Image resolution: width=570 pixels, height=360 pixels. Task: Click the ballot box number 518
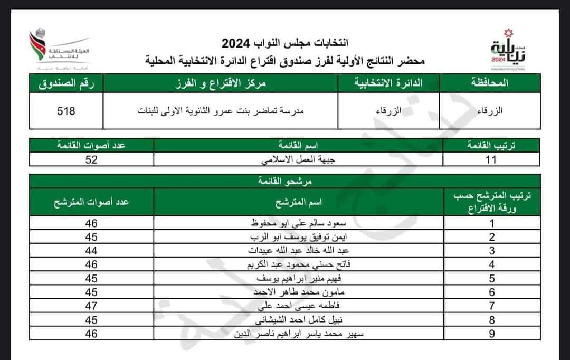[x=66, y=111]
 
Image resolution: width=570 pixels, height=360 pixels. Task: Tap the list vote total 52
[x=92, y=159]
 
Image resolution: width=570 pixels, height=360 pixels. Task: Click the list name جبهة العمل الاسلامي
[x=298, y=159]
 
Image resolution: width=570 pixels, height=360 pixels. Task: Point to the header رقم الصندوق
[x=66, y=83]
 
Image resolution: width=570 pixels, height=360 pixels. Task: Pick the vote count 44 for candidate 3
[x=92, y=251]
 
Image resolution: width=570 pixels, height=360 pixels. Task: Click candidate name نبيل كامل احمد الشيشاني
[x=298, y=320]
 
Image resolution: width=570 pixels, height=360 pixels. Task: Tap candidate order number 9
[x=492, y=334]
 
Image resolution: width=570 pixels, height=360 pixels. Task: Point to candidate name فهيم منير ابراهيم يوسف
[x=298, y=278]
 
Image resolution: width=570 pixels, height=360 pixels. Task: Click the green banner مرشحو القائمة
[x=286, y=181]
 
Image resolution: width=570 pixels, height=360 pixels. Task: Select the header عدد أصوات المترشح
[x=92, y=202]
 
